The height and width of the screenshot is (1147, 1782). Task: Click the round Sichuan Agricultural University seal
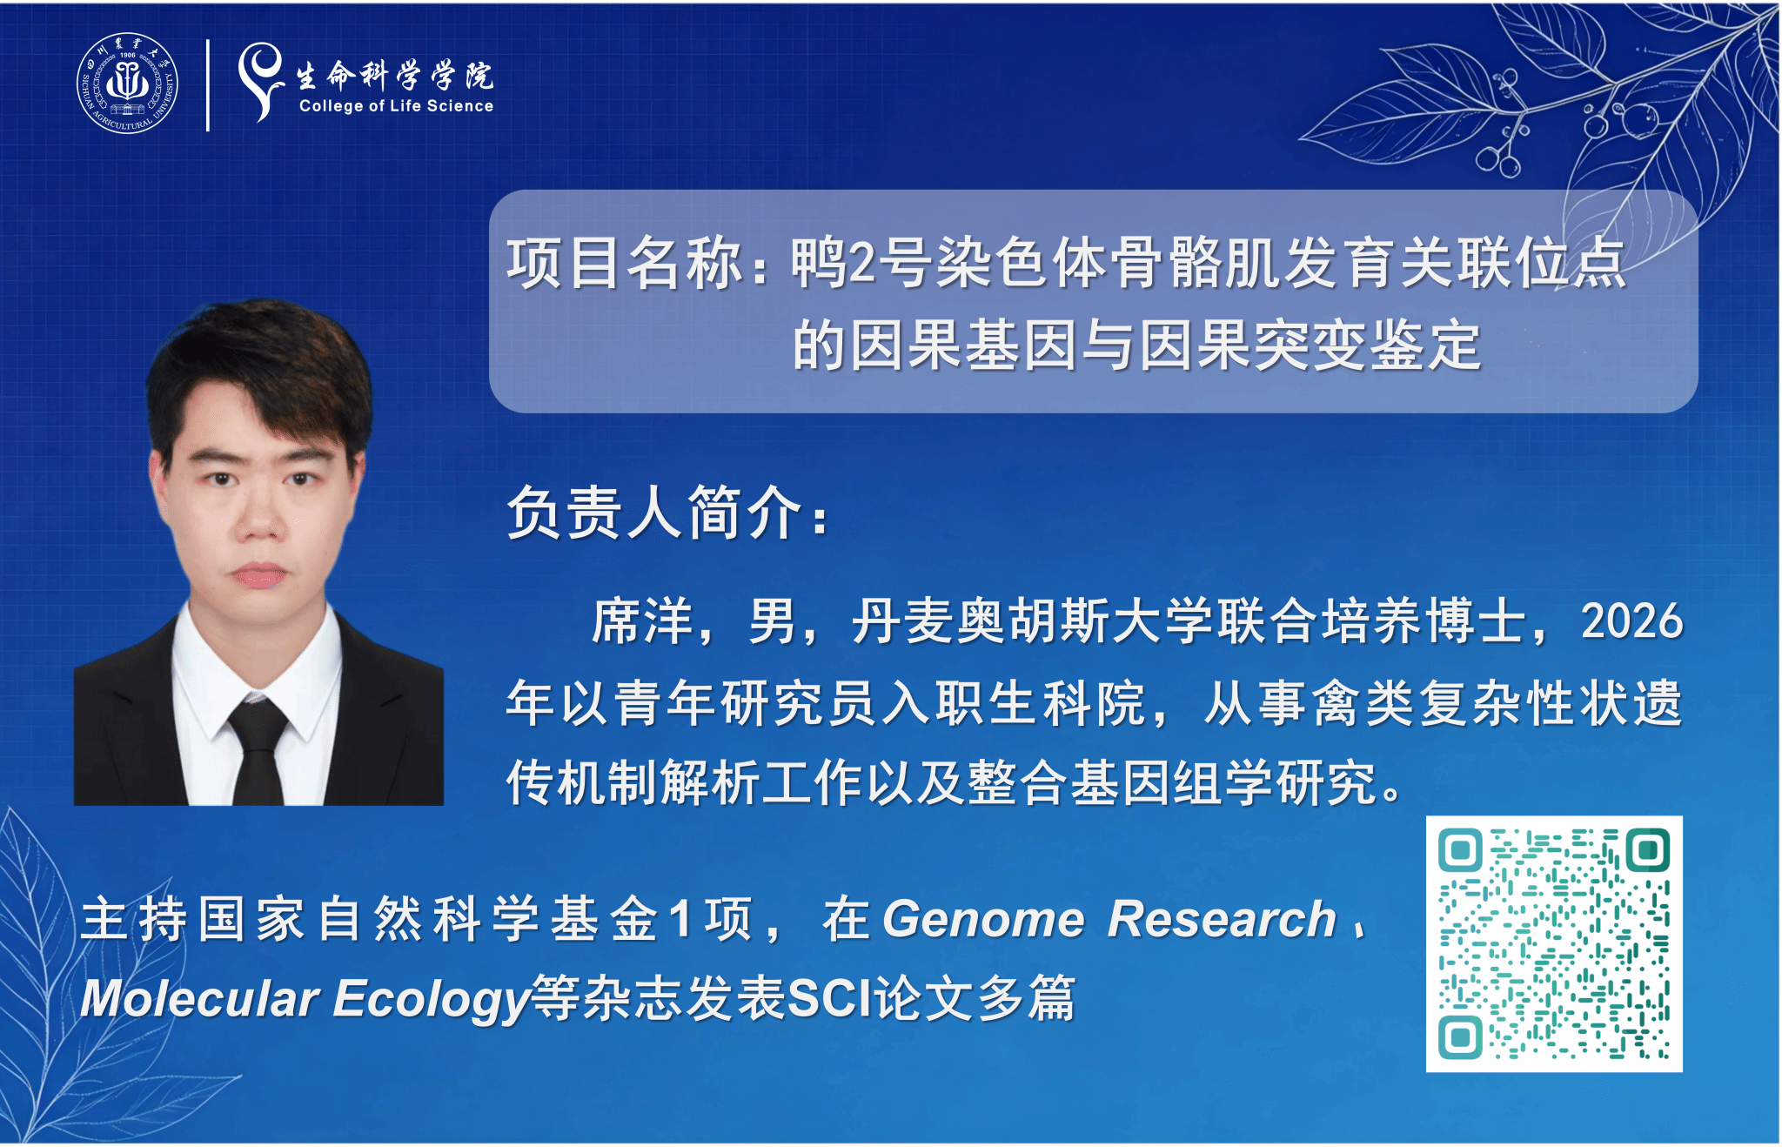(x=127, y=84)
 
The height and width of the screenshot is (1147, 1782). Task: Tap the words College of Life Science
(x=396, y=106)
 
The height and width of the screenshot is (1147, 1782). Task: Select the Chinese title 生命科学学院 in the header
(x=395, y=76)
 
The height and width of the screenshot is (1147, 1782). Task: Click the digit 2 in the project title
(x=861, y=263)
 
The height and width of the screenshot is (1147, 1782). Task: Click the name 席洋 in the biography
(x=642, y=621)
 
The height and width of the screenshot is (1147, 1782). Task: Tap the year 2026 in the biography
(x=1631, y=621)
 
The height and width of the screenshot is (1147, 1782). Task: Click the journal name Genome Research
(x=1109, y=919)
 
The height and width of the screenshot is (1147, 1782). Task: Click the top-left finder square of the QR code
(x=1461, y=850)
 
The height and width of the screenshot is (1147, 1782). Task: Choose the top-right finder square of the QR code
(x=1647, y=850)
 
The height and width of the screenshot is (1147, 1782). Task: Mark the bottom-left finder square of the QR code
(x=1461, y=1036)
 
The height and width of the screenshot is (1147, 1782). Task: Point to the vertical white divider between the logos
(x=208, y=85)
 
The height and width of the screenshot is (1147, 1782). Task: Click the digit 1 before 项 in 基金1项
(x=681, y=919)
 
